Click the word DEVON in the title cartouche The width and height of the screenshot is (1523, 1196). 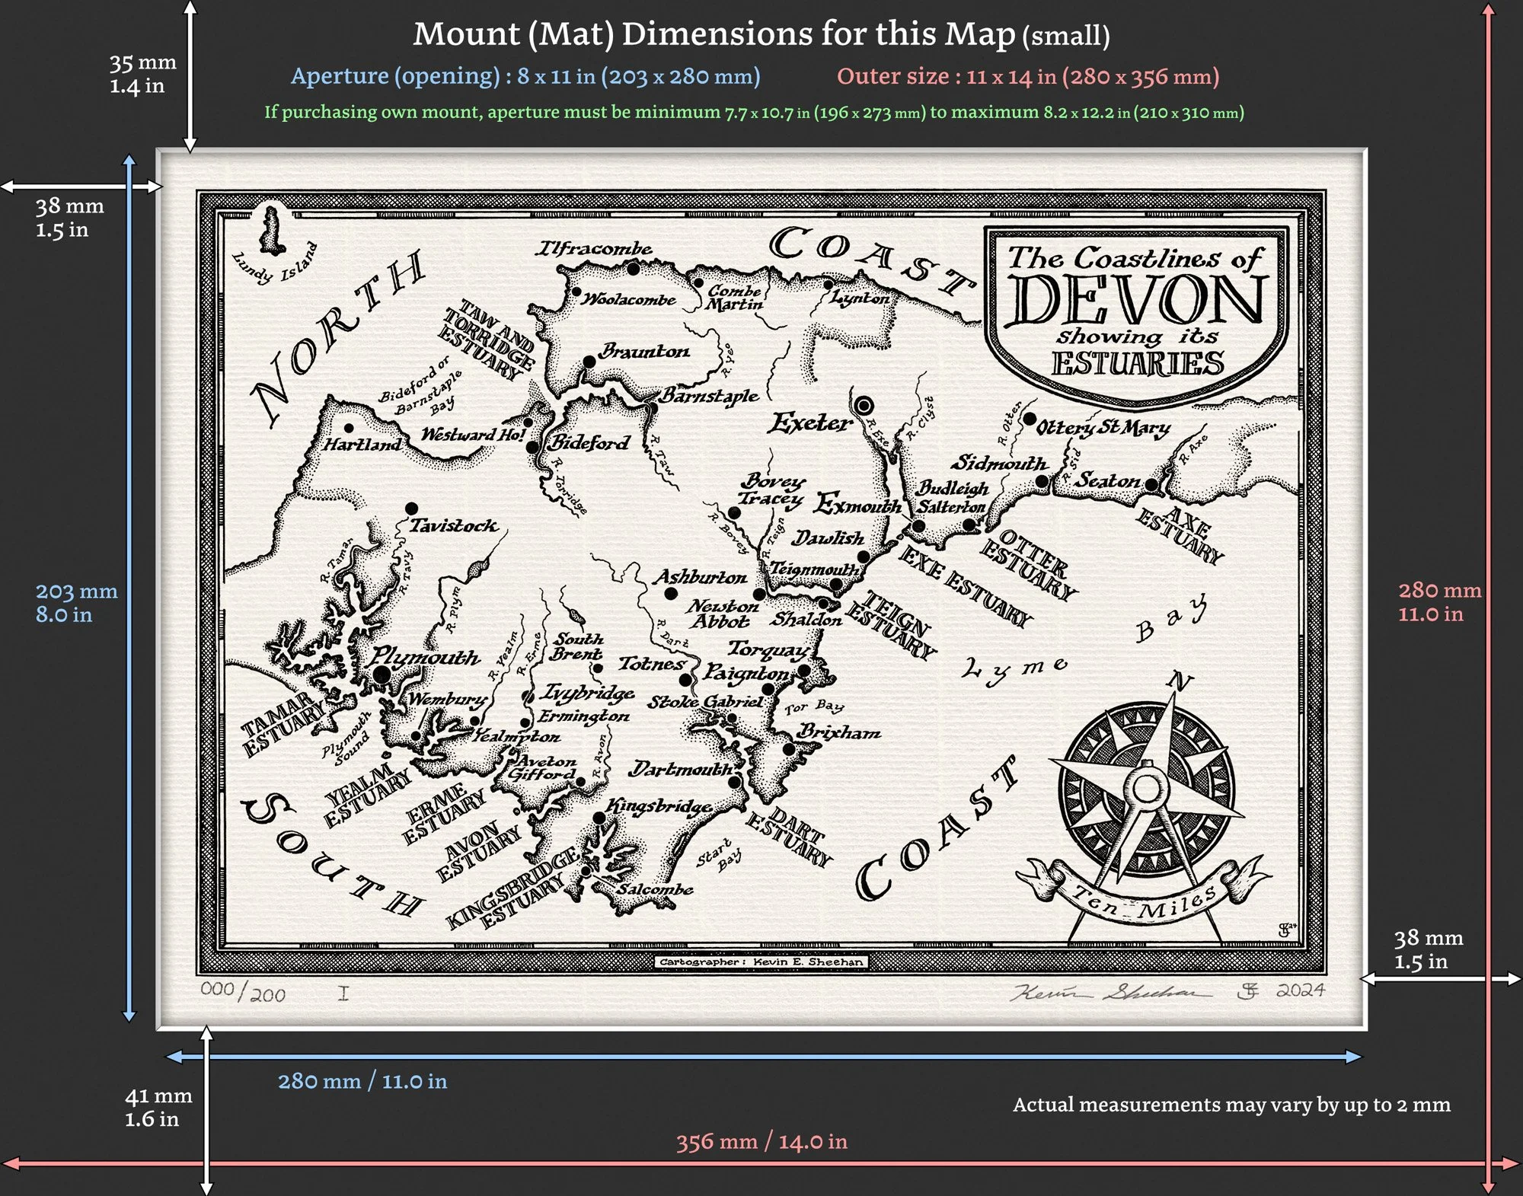tap(1138, 299)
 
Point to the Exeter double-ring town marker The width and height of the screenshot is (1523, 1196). tap(864, 405)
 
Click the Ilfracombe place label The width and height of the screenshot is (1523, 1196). tap(594, 248)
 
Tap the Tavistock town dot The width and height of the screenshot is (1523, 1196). tap(411, 508)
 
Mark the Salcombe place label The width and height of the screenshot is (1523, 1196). tap(655, 888)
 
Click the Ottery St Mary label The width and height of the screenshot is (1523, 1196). tap(1103, 428)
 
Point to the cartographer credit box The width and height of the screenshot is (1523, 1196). tap(761, 962)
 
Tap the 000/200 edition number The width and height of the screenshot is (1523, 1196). tap(243, 991)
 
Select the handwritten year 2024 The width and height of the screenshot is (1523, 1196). tap(1300, 990)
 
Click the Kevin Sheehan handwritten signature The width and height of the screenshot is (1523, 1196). tap(1110, 992)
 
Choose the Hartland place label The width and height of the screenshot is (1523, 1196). tap(362, 444)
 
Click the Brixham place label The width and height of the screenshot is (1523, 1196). tap(839, 732)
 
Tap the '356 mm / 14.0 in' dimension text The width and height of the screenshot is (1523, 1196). tap(761, 1141)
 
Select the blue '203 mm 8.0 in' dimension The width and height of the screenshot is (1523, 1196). tap(76, 602)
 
